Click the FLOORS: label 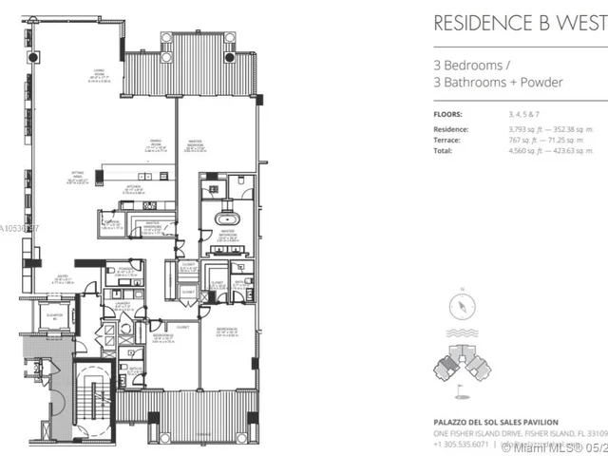point(447,112)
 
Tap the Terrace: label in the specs point(449,140)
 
